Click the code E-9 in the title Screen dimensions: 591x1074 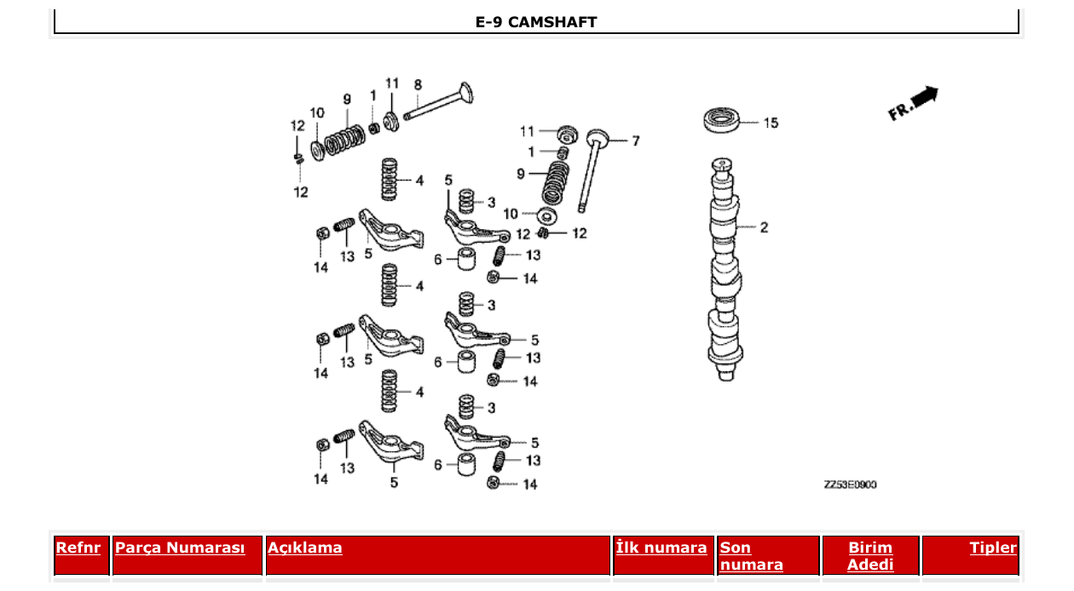(489, 22)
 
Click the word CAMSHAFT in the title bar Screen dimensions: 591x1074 (552, 22)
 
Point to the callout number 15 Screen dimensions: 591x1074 (770, 123)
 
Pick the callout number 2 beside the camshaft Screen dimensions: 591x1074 (764, 227)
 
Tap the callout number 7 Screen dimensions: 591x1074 (635, 141)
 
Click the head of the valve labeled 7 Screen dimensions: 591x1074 (597, 137)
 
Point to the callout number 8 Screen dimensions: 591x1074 (418, 84)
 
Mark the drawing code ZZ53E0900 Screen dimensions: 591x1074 (850, 485)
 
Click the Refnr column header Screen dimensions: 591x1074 (78, 548)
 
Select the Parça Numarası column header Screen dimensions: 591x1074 (180, 548)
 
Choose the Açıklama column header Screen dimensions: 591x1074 (305, 548)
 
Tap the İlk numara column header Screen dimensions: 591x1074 (661, 548)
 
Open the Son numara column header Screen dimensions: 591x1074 (751, 556)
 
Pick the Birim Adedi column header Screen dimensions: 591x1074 (870, 556)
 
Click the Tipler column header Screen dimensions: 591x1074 (993, 548)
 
